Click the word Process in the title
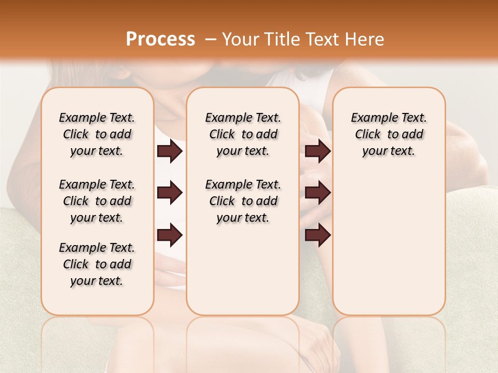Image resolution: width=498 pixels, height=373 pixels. tap(160, 39)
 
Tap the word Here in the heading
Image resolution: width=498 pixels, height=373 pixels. tap(363, 39)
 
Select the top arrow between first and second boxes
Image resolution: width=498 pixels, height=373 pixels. tap(170, 151)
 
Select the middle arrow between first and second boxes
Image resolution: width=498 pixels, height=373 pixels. tap(170, 193)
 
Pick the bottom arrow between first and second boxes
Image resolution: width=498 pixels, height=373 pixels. tap(170, 235)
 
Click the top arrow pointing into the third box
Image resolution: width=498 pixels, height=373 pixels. tap(317, 151)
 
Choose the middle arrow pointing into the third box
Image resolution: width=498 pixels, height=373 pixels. tap(317, 193)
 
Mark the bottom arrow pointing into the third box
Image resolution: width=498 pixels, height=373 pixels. tap(317, 235)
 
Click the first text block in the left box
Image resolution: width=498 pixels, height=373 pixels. tap(97, 134)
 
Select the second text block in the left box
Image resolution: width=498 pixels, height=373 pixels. tap(97, 201)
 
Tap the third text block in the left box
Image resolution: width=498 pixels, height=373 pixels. tap(97, 264)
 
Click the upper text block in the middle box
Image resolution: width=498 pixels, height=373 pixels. tap(243, 134)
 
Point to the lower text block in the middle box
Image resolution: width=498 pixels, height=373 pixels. tap(243, 201)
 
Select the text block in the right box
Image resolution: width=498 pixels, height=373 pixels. tap(389, 134)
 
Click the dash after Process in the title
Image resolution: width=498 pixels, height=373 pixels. tap(211, 39)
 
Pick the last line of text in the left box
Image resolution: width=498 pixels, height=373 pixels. tap(97, 281)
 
